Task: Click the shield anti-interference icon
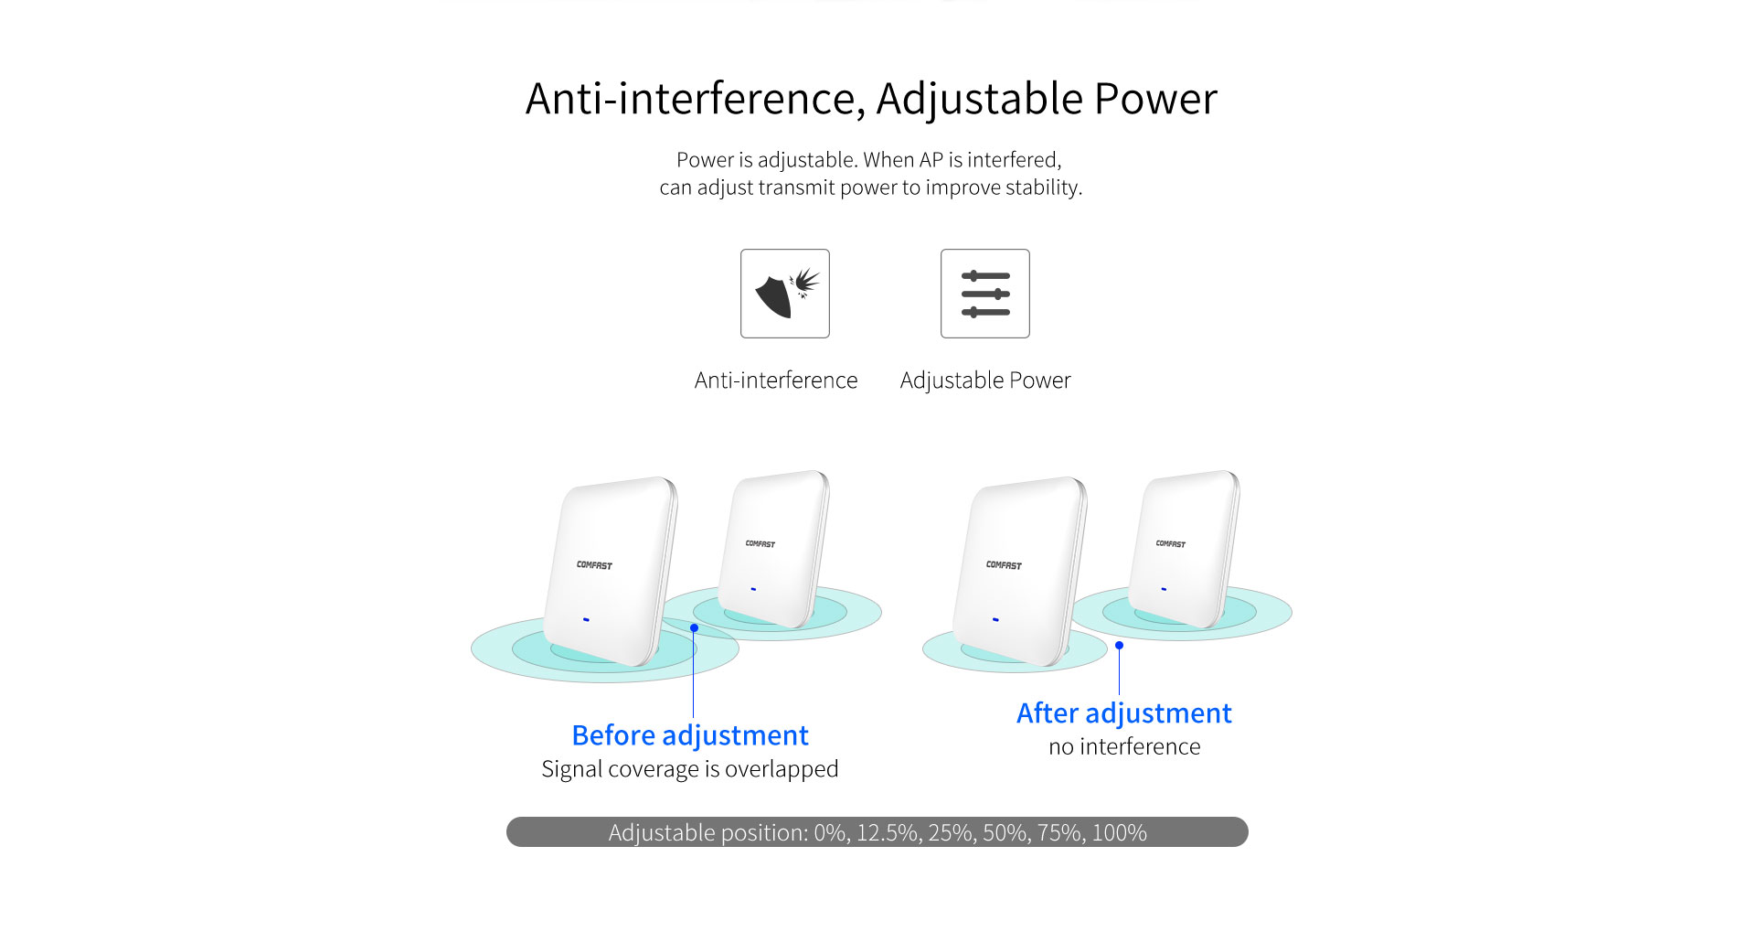click(x=785, y=294)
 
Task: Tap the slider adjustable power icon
click(x=985, y=294)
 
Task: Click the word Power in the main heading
click(x=1155, y=98)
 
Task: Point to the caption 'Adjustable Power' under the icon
click(x=985, y=380)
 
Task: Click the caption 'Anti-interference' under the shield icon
click(x=776, y=380)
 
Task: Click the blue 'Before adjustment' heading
click(x=690, y=735)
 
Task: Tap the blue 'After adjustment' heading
click(x=1124, y=713)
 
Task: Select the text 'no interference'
click(x=1124, y=746)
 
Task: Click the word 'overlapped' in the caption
click(x=782, y=769)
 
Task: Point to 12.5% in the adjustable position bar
click(x=887, y=833)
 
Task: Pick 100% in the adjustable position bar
click(x=1120, y=833)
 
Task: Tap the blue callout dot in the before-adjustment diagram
click(x=695, y=628)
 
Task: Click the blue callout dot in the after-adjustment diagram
click(x=1119, y=646)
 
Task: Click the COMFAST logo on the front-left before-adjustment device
click(x=594, y=565)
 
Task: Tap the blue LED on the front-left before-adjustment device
click(x=586, y=619)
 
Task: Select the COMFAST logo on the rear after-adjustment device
click(x=1171, y=544)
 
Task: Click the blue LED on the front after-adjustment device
click(x=995, y=619)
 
